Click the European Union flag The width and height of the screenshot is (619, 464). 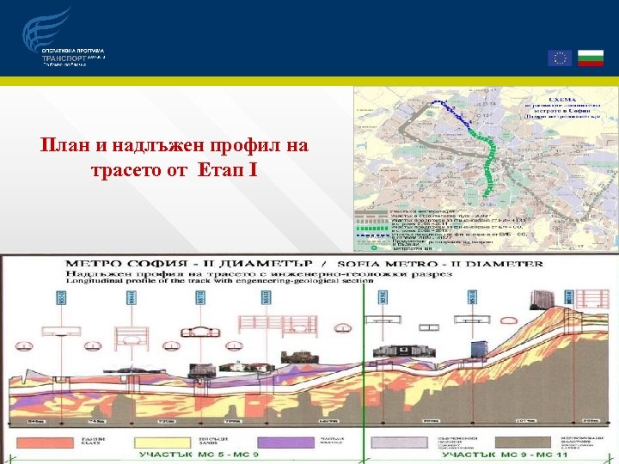click(x=559, y=58)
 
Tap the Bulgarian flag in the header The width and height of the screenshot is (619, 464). click(x=588, y=58)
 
